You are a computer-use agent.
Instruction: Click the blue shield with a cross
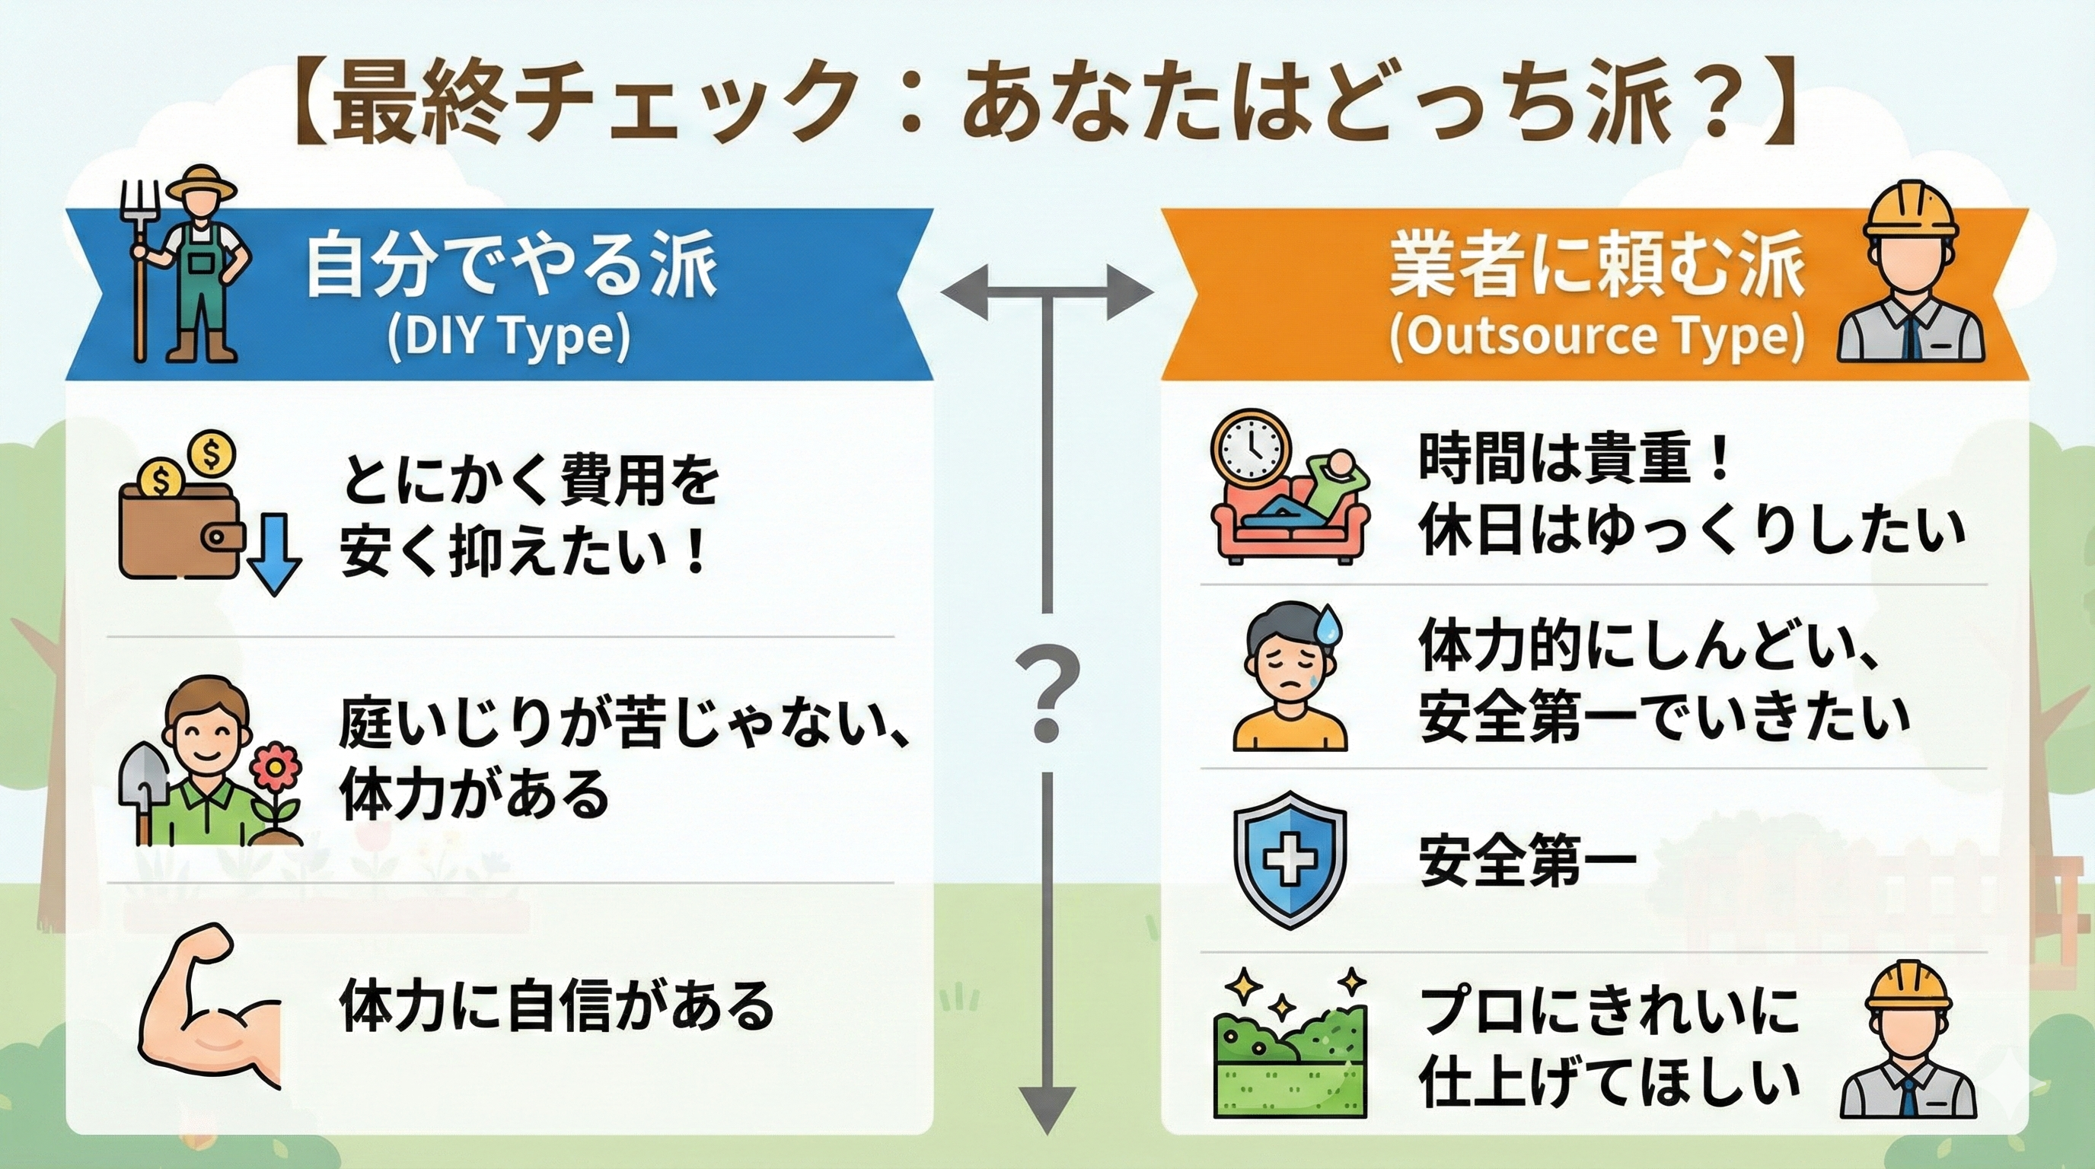click(x=1289, y=859)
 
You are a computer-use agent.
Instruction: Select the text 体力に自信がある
click(x=557, y=1006)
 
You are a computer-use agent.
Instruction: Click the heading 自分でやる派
click(x=512, y=265)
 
